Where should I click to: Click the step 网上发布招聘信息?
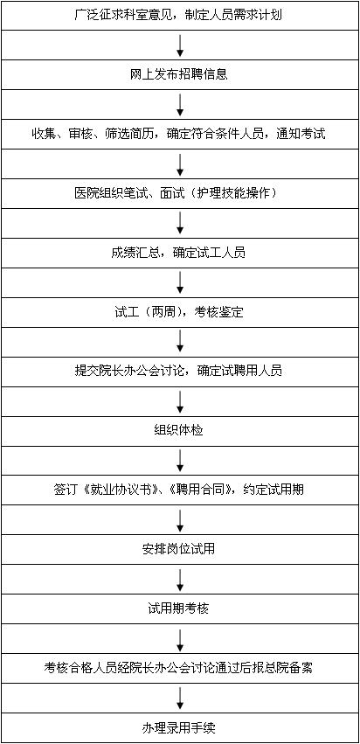(x=180, y=75)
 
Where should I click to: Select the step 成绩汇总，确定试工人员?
(x=180, y=253)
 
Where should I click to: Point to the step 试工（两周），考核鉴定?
(x=180, y=312)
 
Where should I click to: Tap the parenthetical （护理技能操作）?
(x=237, y=193)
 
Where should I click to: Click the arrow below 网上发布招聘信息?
(x=180, y=104)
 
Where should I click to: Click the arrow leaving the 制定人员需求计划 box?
(x=180, y=45)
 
